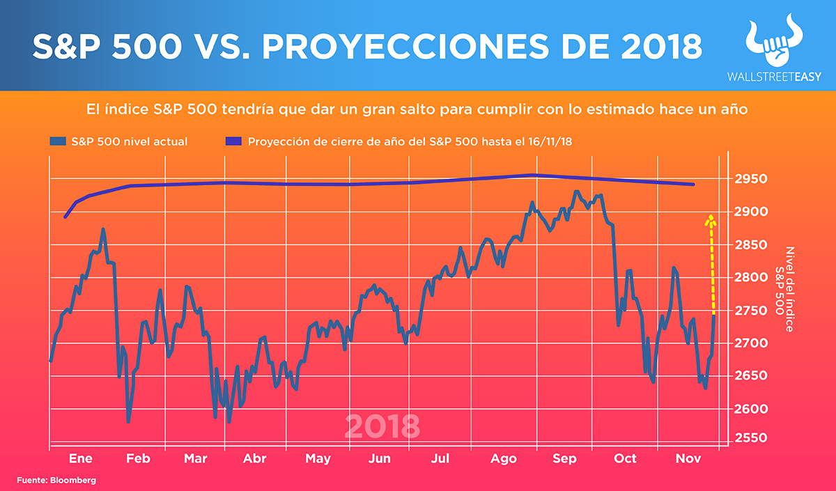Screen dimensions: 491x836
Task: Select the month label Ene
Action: click(x=81, y=458)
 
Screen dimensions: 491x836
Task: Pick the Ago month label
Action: click(x=503, y=458)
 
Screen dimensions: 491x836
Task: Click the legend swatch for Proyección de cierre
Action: click(x=235, y=141)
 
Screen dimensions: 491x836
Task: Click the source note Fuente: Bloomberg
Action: click(x=56, y=481)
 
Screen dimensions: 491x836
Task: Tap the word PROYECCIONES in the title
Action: click(x=381, y=47)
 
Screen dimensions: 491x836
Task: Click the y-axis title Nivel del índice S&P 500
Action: click(x=784, y=289)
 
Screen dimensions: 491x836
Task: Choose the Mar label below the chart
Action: click(x=196, y=458)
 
